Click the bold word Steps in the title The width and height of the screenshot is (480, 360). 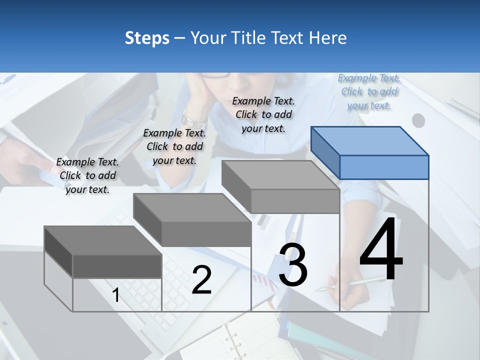[147, 38]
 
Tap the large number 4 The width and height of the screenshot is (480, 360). [381, 250]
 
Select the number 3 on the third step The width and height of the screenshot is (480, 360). [293, 265]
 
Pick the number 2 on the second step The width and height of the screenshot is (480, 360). [201, 280]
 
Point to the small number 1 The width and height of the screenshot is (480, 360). [116, 295]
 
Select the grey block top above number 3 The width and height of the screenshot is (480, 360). [280, 175]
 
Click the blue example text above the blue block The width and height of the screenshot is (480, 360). [369, 92]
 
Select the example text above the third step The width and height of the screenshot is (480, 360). [263, 114]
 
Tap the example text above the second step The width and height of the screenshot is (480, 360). [174, 146]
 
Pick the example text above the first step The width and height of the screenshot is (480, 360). [87, 175]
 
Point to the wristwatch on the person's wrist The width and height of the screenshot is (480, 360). [193, 118]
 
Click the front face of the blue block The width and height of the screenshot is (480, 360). [384, 167]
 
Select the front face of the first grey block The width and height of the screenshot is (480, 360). [117, 266]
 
